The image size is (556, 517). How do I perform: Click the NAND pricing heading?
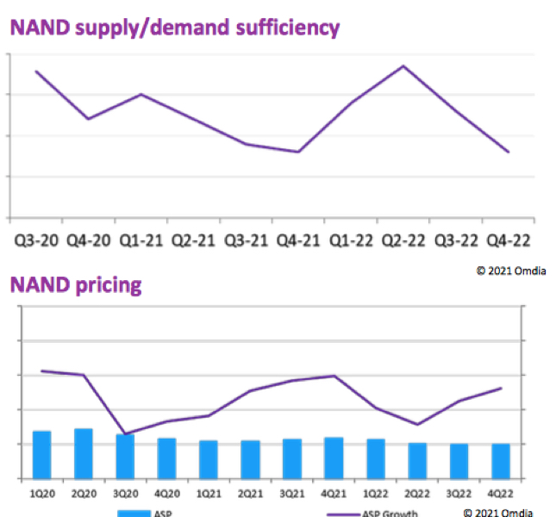pos(75,285)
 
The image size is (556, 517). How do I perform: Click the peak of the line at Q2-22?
pos(403,65)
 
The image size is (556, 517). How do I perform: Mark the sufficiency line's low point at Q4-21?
pos(298,152)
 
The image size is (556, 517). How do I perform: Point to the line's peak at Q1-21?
pos(141,94)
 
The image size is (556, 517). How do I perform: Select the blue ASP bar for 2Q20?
pos(84,452)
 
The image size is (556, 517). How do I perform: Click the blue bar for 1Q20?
pos(41,454)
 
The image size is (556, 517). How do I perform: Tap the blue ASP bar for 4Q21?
pos(334,457)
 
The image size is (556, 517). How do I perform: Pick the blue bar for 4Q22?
pos(501,460)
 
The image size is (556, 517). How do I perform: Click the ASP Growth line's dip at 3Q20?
pos(126,433)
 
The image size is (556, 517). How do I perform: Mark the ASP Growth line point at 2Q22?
pos(417,424)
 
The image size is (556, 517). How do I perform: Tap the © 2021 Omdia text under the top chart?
pos(510,271)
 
